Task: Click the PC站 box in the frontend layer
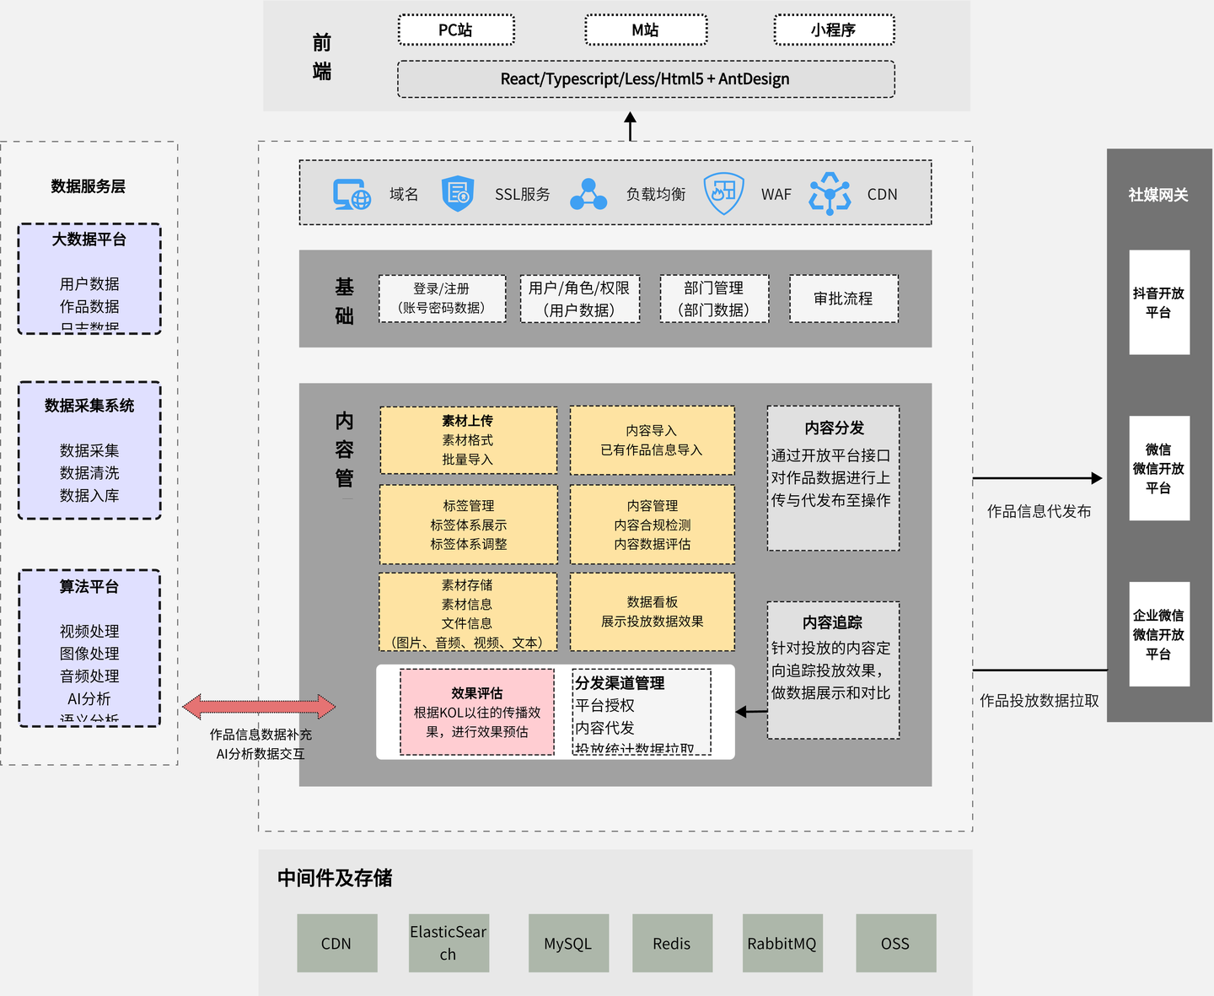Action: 456,30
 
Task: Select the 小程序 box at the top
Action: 834,30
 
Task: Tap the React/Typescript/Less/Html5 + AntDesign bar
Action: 646,79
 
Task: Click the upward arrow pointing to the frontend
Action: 630,127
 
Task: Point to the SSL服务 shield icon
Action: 458,194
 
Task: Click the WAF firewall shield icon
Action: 723,194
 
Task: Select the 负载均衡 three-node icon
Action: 588,194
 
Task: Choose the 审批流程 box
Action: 843,299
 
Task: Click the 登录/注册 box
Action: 442,299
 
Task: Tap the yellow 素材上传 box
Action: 468,440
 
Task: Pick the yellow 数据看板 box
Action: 652,611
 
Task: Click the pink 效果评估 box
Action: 477,712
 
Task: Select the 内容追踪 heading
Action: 832,622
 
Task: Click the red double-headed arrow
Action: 260,707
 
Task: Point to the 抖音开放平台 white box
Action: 1159,302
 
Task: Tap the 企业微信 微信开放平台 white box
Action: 1159,634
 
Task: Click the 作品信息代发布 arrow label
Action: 1039,511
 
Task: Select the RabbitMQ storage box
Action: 782,944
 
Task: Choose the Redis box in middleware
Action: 672,944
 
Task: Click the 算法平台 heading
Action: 89,586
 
